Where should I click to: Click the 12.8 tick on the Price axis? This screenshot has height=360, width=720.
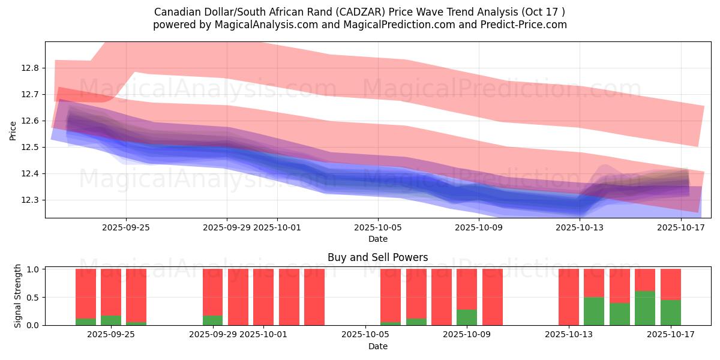coord(31,68)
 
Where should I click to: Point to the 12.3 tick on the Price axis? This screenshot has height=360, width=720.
coord(31,200)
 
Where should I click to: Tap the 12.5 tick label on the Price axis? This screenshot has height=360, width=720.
coord(31,147)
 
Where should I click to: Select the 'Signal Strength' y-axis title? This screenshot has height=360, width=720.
coord(18,296)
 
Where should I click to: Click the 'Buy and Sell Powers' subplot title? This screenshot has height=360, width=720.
coord(377,257)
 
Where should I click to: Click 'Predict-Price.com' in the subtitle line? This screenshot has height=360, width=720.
coord(525,25)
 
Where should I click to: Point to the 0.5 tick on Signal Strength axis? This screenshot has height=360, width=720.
coord(34,297)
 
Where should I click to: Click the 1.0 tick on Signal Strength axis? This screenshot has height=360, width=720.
coord(34,269)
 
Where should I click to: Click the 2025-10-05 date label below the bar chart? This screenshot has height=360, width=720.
coord(365,334)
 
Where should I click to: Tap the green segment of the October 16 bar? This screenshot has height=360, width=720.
coord(645,308)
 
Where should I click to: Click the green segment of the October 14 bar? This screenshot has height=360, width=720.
coord(594,311)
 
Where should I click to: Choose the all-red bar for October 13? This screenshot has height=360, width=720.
coord(569,297)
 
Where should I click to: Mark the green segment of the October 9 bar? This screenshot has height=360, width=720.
coord(467,317)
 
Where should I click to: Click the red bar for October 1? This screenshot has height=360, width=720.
coord(263,297)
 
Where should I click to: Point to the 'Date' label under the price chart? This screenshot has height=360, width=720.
coord(377,239)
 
